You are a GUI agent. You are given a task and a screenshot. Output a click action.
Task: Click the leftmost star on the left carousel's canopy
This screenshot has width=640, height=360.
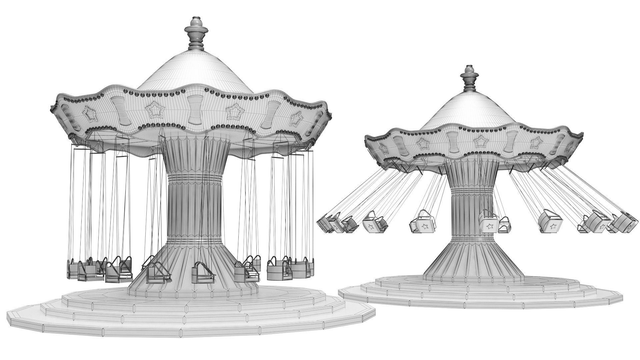pos(89,114)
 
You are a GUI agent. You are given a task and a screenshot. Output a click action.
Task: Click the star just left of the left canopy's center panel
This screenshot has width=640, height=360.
pos(154,110)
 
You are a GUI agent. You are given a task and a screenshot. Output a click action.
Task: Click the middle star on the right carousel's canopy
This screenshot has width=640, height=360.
pos(479,140)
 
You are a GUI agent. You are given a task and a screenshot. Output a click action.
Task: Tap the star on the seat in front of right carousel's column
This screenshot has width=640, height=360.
pos(489,227)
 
